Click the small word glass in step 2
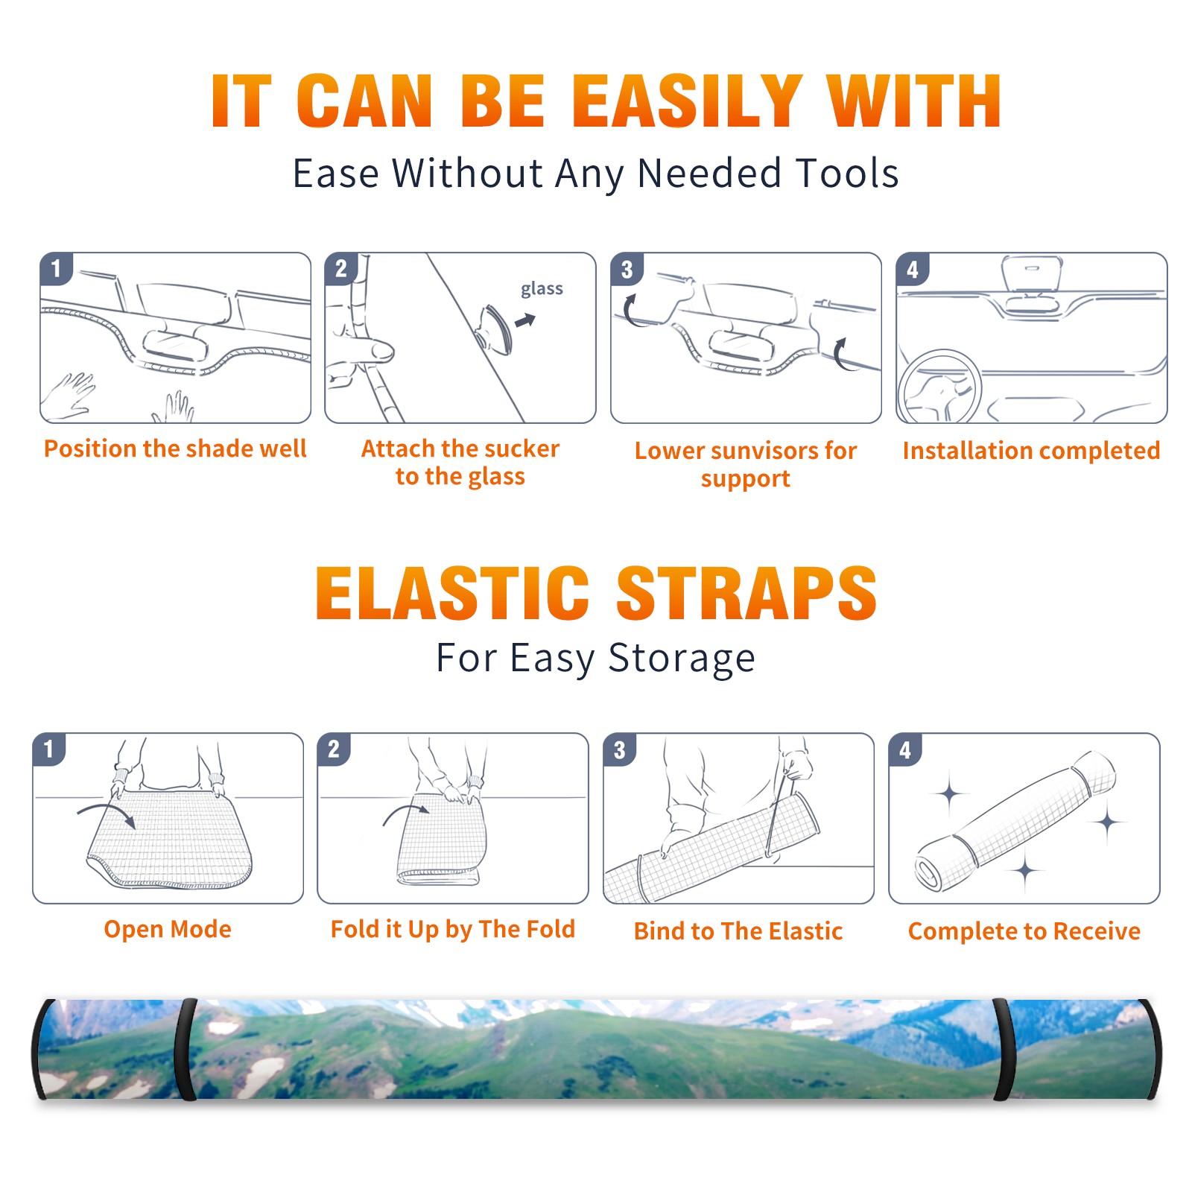(x=542, y=289)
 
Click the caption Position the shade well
(x=175, y=448)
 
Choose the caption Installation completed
(x=1031, y=451)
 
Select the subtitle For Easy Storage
(x=595, y=658)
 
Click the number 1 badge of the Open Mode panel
(x=49, y=749)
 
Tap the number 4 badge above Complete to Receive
(x=905, y=749)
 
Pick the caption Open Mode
(x=168, y=929)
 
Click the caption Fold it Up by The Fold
(x=453, y=930)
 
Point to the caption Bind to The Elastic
(x=738, y=931)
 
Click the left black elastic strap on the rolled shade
(x=186, y=1049)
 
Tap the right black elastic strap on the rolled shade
(x=1004, y=1049)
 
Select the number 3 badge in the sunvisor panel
(x=627, y=269)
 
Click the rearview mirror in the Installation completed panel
(x=1032, y=273)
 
